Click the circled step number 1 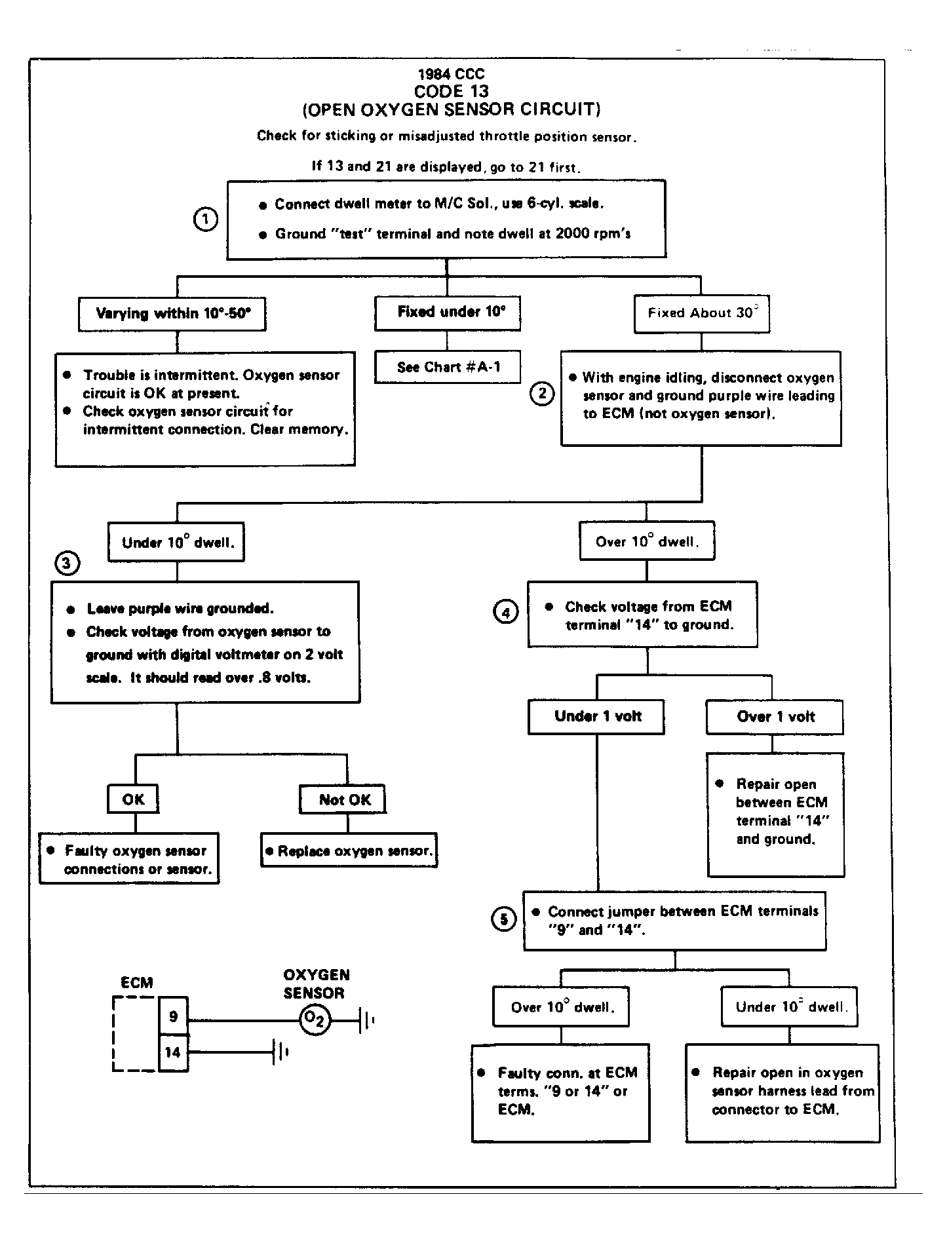(205, 220)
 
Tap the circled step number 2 (542, 394)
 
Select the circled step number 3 (68, 563)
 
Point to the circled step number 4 (505, 612)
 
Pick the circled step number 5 (503, 920)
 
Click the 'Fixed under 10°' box (448, 313)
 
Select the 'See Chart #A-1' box (448, 367)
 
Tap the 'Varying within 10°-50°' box (172, 315)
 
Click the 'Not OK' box (343, 799)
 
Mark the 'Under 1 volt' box (596, 717)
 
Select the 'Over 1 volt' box (775, 717)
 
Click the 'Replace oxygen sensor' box (349, 851)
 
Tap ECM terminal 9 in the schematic (174, 1016)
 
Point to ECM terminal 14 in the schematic (174, 1053)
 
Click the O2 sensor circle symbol (316, 1020)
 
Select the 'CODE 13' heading (452, 91)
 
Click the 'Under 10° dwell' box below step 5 (790, 1007)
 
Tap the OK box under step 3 (133, 799)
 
